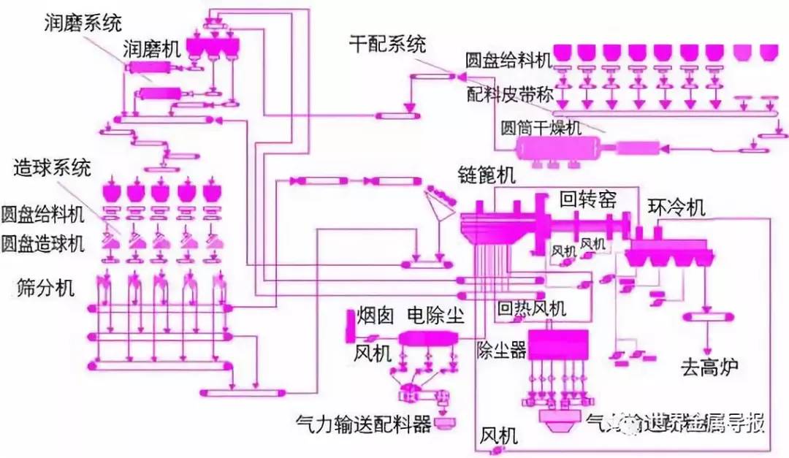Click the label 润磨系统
[x=80, y=23]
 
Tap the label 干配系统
[x=387, y=45]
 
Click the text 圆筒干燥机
[x=541, y=128]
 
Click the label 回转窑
[x=589, y=199]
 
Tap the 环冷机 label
[x=676, y=207]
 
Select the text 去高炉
[x=709, y=366]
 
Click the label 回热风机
[x=531, y=308]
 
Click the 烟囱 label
[x=376, y=316]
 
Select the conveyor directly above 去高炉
[x=708, y=316]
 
